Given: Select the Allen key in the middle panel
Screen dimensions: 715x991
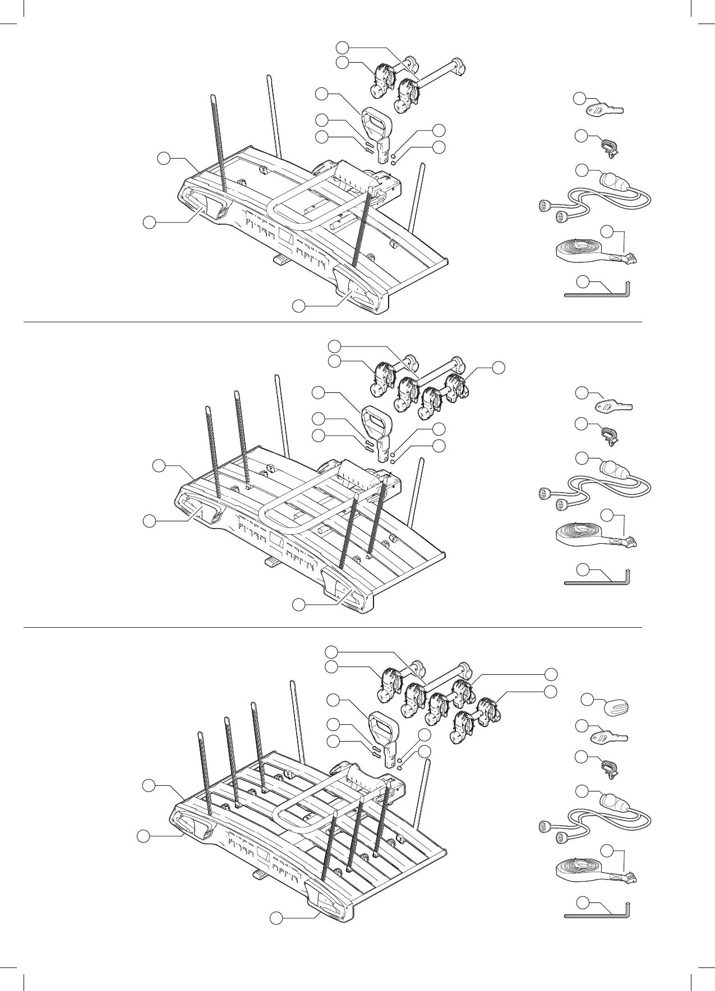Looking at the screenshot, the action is point(598,582).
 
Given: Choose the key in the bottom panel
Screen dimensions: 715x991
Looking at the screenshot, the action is point(609,737).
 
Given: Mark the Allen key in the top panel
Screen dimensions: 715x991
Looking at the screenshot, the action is point(598,293).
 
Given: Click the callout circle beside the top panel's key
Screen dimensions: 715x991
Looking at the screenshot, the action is point(579,99).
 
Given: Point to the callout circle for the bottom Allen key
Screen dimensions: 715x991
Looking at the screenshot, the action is point(583,903).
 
